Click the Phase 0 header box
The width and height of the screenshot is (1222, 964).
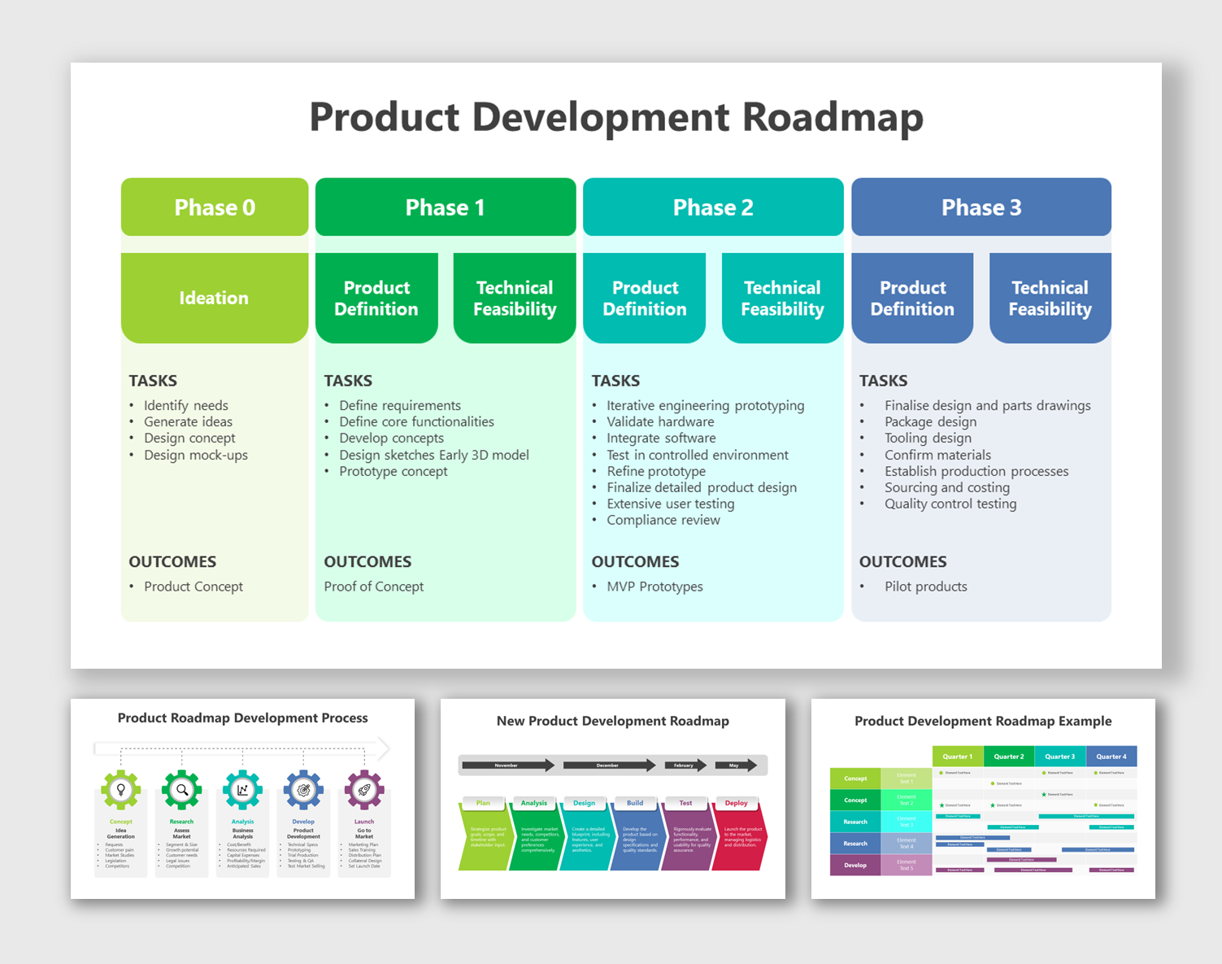click(215, 207)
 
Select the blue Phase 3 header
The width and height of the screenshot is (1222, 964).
click(981, 207)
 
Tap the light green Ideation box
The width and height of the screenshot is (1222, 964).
click(215, 298)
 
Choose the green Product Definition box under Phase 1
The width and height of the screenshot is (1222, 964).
click(376, 298)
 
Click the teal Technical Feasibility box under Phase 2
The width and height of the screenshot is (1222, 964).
click(782, 298)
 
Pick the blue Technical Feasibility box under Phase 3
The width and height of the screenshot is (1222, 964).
click(1050, 298)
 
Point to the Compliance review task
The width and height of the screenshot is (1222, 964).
click(663, 520)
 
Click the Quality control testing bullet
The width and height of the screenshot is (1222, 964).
click(950, 504)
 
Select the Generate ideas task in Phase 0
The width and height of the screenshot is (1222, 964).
click(188, 421)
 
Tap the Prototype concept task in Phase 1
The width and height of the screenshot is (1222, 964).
click(393, 471)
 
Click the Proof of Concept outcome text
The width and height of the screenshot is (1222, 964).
click(373, 587)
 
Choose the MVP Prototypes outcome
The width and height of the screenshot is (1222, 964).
click(654, 587)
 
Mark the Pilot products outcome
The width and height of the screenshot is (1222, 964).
click(925, 587)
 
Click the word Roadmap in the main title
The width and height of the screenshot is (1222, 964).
click(833, 117)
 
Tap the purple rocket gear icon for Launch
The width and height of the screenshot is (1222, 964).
click(364, 789)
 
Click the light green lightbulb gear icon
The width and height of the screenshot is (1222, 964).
click(121, 789)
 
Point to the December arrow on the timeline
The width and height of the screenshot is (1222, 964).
click(609, 765)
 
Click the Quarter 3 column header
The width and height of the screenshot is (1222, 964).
click(1059, 757)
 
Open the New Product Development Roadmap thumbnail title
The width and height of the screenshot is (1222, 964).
click(612, 721)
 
